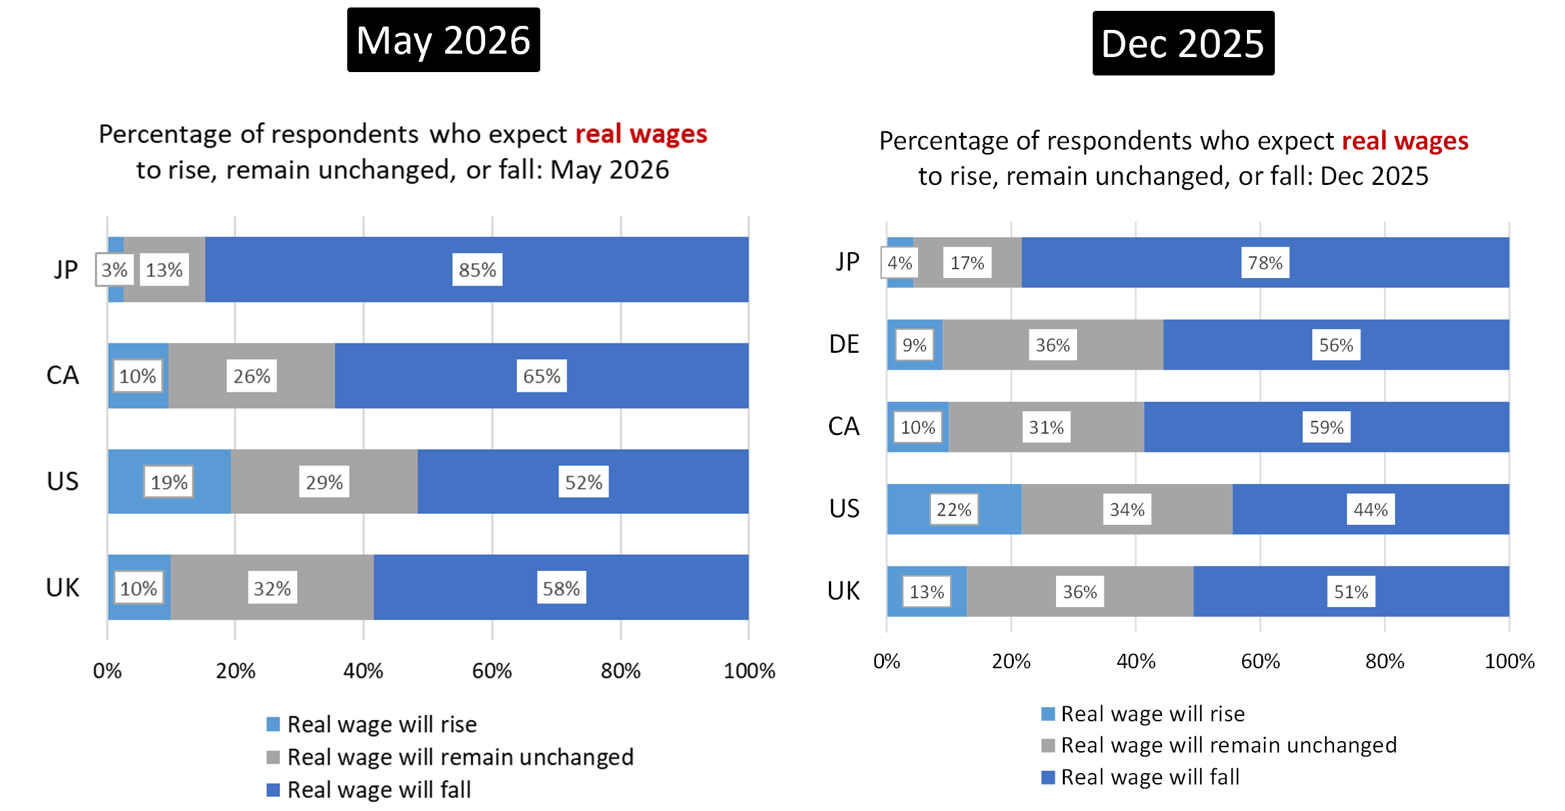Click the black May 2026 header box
coord(443,39)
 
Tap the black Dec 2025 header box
coord(1183,43)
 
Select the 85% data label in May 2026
coord(477,270)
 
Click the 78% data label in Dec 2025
coord(1265,262)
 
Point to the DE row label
coord(844,344)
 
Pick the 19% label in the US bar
coord(169,482)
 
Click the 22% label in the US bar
coord(954,509)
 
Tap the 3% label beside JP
coord(114,270)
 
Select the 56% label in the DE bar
coord(1336,345)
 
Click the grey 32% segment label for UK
coord(272,588)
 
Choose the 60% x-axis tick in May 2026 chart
coord(492,671)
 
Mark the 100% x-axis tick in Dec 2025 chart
coord(1509,661)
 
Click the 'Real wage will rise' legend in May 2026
coord(372,724)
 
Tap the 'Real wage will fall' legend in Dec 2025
coord(1140,776)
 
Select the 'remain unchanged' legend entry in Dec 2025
coord(1219,745)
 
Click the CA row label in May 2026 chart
coord(63,375)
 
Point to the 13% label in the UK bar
coord(927,591)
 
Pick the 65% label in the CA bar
coord(542,376)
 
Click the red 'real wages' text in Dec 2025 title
coord(1405,141)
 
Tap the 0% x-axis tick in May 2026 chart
coord(107,671)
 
